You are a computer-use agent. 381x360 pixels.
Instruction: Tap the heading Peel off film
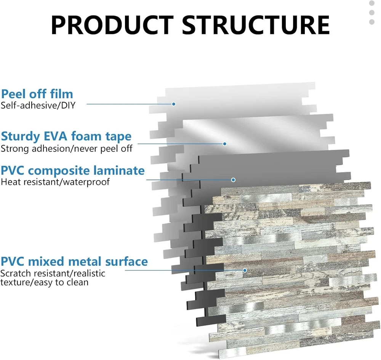[37, 94]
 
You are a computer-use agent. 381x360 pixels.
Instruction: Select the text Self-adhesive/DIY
[38, 105]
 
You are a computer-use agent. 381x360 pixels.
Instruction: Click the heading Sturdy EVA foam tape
[66, 136]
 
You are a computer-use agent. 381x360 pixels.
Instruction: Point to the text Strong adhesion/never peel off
[66, 148]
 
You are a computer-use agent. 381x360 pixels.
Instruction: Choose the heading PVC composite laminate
[73, 170]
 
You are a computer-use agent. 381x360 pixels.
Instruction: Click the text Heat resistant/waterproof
[55, 182]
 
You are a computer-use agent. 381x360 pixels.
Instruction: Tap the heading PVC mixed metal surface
[74, 261]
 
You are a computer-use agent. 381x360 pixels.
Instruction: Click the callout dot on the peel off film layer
[173, 104]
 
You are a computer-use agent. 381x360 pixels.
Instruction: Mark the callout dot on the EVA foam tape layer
[225, 144]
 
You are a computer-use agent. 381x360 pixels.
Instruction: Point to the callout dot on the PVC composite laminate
[233, 179]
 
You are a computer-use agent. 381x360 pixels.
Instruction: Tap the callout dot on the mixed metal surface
[245, 270]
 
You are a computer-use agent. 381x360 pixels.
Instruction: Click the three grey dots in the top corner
[372, 13]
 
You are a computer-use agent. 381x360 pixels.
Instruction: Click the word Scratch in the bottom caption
[14, 273]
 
